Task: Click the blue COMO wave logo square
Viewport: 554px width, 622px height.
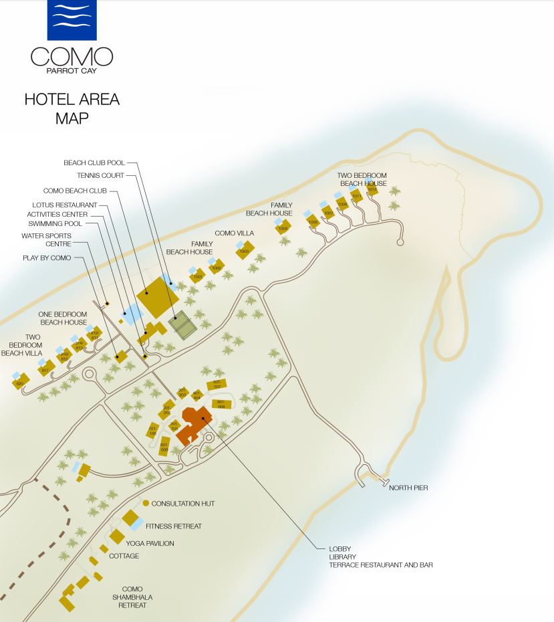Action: [72, 19]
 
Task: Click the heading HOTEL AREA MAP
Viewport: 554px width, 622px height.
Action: [72, 108]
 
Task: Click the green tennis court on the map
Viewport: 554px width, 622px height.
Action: [181, 325]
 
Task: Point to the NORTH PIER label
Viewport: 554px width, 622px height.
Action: [408, 488]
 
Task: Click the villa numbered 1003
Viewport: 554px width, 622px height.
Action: [244, 251]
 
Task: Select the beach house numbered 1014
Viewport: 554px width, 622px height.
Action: [372, 190]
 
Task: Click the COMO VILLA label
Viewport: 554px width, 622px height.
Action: [234, 233]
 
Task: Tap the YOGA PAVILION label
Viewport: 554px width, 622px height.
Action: [150, 544]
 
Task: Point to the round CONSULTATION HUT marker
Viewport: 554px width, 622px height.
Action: [146, 503]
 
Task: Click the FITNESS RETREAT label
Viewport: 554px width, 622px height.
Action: [174, 526]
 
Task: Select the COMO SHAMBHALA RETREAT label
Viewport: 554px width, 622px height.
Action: [132, 597]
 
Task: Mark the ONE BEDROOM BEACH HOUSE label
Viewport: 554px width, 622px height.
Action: [63, 318]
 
